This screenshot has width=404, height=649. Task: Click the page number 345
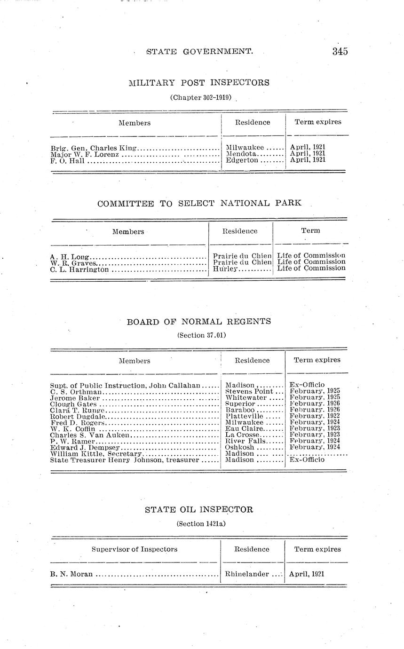(x=340, y=51)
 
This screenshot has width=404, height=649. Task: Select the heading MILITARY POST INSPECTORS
(x=199, y=83)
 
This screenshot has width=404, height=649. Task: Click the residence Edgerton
(x=242, y=160)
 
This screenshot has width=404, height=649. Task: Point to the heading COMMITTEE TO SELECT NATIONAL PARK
(x=199, y=204)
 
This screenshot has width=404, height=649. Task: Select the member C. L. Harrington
(x=79, y=270)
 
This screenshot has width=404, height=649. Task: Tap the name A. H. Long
(x=70, y=257)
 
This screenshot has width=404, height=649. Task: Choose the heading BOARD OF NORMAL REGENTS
(x=199, y=322)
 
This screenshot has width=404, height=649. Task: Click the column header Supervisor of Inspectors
(x=135, y=549)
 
